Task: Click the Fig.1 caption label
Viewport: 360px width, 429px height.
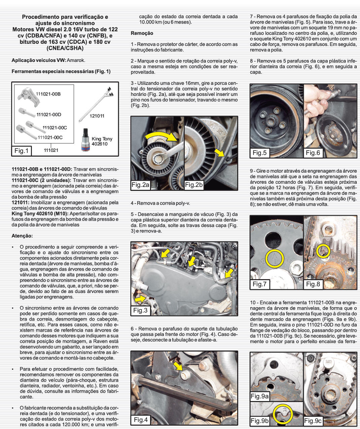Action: click(x=22, y=151)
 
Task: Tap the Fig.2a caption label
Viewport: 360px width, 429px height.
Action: click(x=140, y=185)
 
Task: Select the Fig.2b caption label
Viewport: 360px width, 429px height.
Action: click(x=194, y=185)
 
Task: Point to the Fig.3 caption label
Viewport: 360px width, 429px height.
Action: click(x=140, y=310)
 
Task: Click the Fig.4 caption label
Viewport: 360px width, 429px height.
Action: click(x=141, y=420)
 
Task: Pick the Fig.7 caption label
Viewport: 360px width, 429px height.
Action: click(x=259, y=284)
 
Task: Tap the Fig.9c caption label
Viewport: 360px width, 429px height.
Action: click(x=313, y=421)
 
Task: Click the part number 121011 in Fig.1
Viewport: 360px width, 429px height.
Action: click(x=97, y=116)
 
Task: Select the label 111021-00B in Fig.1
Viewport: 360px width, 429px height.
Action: click(x=48, y=94)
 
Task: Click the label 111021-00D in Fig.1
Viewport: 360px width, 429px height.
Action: click(x=49, y=114)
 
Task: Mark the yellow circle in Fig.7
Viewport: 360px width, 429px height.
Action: click(x=275, y=259)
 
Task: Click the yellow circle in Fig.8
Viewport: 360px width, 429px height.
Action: click(x=323, y=251)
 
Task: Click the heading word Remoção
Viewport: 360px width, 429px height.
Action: click(x=142, y=33)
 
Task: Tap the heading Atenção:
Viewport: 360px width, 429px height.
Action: click(x=22, y=236)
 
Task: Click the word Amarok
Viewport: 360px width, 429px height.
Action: click(x=76, y=60)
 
